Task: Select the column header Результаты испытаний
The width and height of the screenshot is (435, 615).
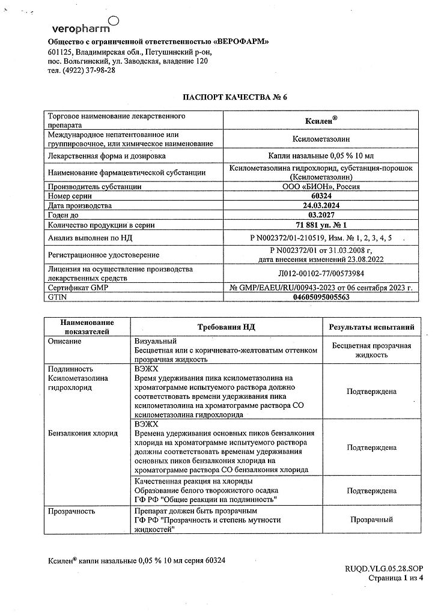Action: pos(371,327)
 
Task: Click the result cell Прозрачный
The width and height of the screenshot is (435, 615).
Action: pos(371,519)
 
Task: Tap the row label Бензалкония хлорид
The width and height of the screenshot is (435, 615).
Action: pos(83,432)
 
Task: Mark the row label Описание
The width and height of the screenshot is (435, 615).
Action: pos(66,341)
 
